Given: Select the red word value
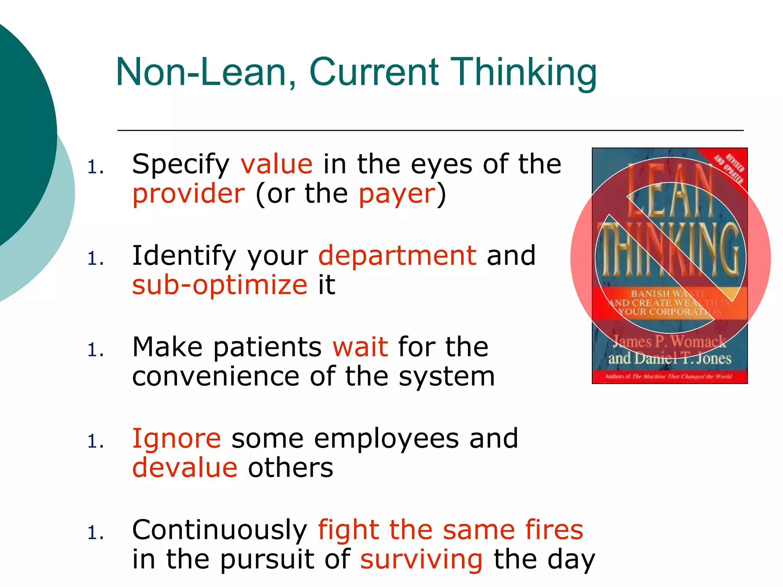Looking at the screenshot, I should (x=276, y=164).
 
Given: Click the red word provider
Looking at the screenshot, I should (x=188, y=194).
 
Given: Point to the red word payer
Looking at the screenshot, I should (x=397, y=194).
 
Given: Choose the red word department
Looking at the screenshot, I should (x=397, y=256).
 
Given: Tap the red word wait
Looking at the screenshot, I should (x=360, y=347).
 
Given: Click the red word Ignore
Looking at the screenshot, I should (x=176, y=438).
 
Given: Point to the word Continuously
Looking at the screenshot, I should (x=220, y=530).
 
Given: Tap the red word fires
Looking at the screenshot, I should (x=554, y=530).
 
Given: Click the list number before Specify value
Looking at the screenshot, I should (x=95, y=167).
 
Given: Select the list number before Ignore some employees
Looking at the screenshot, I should (x=95, y=441).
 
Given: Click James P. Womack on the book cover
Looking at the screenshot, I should (x=669, y=341).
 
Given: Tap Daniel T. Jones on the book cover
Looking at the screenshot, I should (x=682, y=358).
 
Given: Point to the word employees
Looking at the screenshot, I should (x=386, y=439).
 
